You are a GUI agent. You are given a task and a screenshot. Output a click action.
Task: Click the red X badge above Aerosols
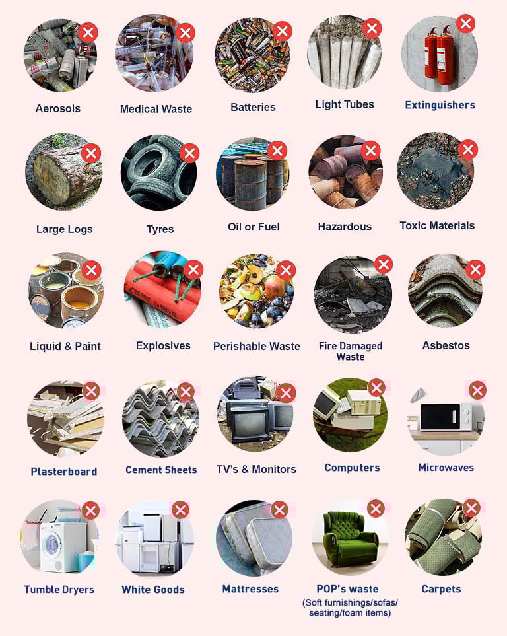click(x=88, y=32)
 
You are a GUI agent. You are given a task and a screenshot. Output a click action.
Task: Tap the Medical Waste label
click(x=156, y=109)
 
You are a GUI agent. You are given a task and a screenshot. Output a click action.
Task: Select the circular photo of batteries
click(x=252, y=55)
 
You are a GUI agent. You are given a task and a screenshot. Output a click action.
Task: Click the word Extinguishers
click(x=440, y=105)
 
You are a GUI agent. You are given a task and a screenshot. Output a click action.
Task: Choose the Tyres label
click(x=160, y=229)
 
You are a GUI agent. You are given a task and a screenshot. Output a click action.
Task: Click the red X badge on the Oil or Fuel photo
click(x=277, y=151)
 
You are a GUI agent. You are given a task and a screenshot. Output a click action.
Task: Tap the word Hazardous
click(x=345, y=227)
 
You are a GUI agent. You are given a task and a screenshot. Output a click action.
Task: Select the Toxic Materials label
click(x=437, y=225)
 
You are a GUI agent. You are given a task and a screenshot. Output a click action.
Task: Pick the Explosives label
click(x=163, y=345)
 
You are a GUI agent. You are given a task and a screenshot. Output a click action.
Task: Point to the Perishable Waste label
click(x=257, y=346)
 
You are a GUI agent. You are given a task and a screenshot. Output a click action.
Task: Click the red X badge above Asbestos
click(x=475, y=269)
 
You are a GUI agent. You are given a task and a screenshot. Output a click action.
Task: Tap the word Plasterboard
click(x=64, y=472)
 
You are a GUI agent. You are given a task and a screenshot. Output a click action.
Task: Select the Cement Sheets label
click(x=161, y=470)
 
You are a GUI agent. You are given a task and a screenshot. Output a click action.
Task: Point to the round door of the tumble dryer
click(x=52, y=543)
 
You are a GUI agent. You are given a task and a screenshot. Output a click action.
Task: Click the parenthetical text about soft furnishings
click(x=350, y=608)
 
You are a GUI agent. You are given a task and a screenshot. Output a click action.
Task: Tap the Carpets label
click(x=441, y=589)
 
